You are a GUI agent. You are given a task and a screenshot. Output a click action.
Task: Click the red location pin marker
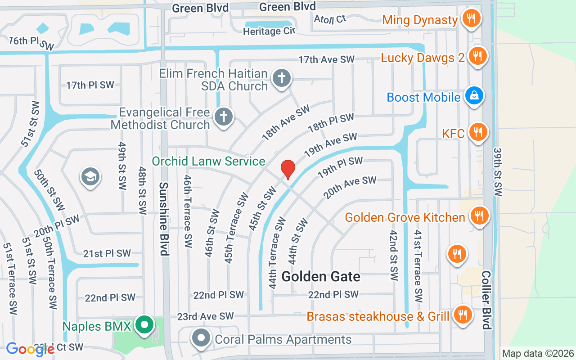click(288, 169)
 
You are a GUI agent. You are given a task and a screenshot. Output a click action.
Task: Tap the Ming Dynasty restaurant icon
click(471, 19)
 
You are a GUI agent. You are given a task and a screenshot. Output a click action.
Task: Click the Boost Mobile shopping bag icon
click(474, 96)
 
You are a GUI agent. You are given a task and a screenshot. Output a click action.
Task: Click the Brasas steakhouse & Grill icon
click(462, 315)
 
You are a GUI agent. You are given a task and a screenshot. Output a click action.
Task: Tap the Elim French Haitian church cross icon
click(282, 78)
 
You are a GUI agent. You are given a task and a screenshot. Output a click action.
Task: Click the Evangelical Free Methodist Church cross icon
click(223, 117)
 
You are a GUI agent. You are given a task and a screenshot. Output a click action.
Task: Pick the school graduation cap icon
click(90, 177)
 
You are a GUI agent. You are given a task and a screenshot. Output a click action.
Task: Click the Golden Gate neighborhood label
click(321, 276)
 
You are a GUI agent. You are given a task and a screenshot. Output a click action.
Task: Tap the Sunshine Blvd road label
click(164, 219)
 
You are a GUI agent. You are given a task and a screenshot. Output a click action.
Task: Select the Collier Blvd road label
click(486, 300)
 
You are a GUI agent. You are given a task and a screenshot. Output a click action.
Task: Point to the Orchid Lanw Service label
click(208, 161)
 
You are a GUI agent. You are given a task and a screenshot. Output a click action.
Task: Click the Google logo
click(30, 349)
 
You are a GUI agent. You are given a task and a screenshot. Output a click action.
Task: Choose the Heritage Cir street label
click(269, 31)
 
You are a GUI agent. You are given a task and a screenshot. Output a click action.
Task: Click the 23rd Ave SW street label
click(205, 316)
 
